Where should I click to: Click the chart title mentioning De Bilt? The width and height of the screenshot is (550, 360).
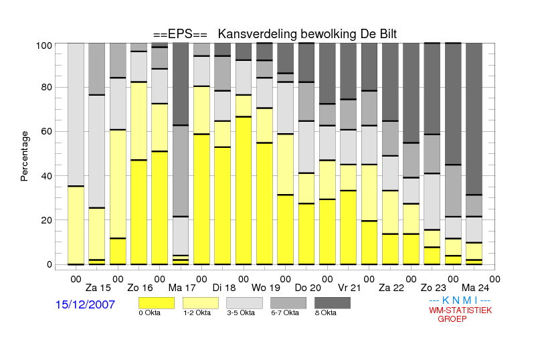coord(275,34)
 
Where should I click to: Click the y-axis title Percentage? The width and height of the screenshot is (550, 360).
coord(24,156)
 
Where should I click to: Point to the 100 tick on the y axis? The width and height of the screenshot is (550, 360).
coord(44,46)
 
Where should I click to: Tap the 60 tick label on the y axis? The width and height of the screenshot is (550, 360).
coord(46,131)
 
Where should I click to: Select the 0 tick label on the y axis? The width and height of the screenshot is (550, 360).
coord(50,264)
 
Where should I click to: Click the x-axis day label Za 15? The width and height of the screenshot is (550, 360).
coord(98,288)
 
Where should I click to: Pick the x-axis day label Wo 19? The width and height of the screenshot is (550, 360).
coord(266,288)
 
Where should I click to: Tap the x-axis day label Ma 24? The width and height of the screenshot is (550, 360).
coord(475,288)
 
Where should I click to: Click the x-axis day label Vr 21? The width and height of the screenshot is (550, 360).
coord(349,288)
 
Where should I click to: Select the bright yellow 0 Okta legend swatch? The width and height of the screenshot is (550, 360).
coord(157,303)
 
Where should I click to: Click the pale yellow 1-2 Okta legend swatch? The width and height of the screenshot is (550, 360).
coord(201,303)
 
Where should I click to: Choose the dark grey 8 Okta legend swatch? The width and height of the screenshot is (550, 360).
coord(333,303)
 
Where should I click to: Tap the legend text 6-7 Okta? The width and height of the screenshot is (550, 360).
coord(285,312)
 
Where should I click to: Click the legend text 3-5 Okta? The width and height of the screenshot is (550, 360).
coord(241,312)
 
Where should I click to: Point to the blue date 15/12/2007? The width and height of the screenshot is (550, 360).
coord(85,304)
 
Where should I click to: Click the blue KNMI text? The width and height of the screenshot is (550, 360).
coord(460,300)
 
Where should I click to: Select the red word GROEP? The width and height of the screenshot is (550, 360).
coord(452,319)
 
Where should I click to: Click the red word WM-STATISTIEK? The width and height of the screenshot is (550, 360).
coord(460,310)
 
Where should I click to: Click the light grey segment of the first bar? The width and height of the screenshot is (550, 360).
coord(76,114)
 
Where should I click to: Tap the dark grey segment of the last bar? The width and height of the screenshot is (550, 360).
coord(474,119)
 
